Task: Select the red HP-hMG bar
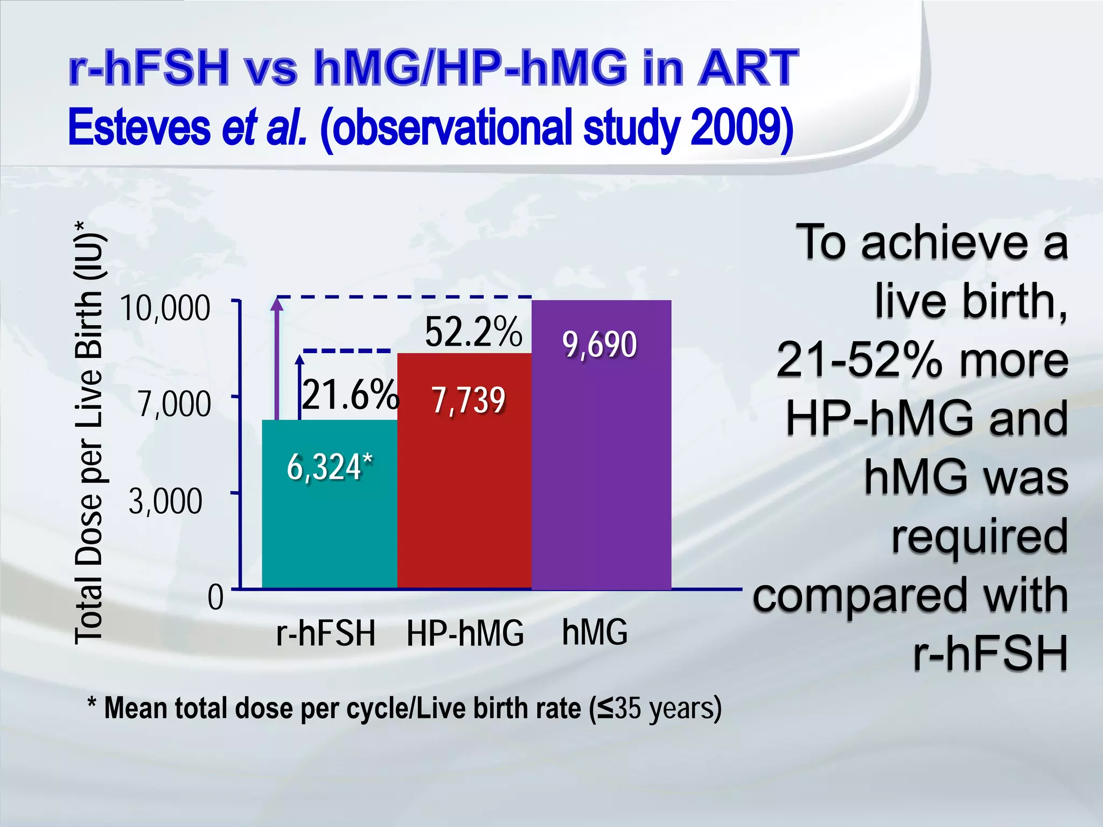[464, 495]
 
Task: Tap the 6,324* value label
[330, 467]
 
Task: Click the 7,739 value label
[469, 401]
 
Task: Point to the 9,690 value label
[600, 345]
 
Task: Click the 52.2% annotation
[473, 332]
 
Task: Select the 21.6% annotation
[350, 395]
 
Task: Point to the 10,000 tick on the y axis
[165, 309]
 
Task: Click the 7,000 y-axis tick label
[173, 404]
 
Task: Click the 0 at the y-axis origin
[215, 598]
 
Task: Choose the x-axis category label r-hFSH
[325, 633]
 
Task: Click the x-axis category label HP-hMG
[465, 633]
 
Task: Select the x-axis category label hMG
[595, 632]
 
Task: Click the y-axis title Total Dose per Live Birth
[89, 431]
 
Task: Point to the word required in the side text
[979, 536]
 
